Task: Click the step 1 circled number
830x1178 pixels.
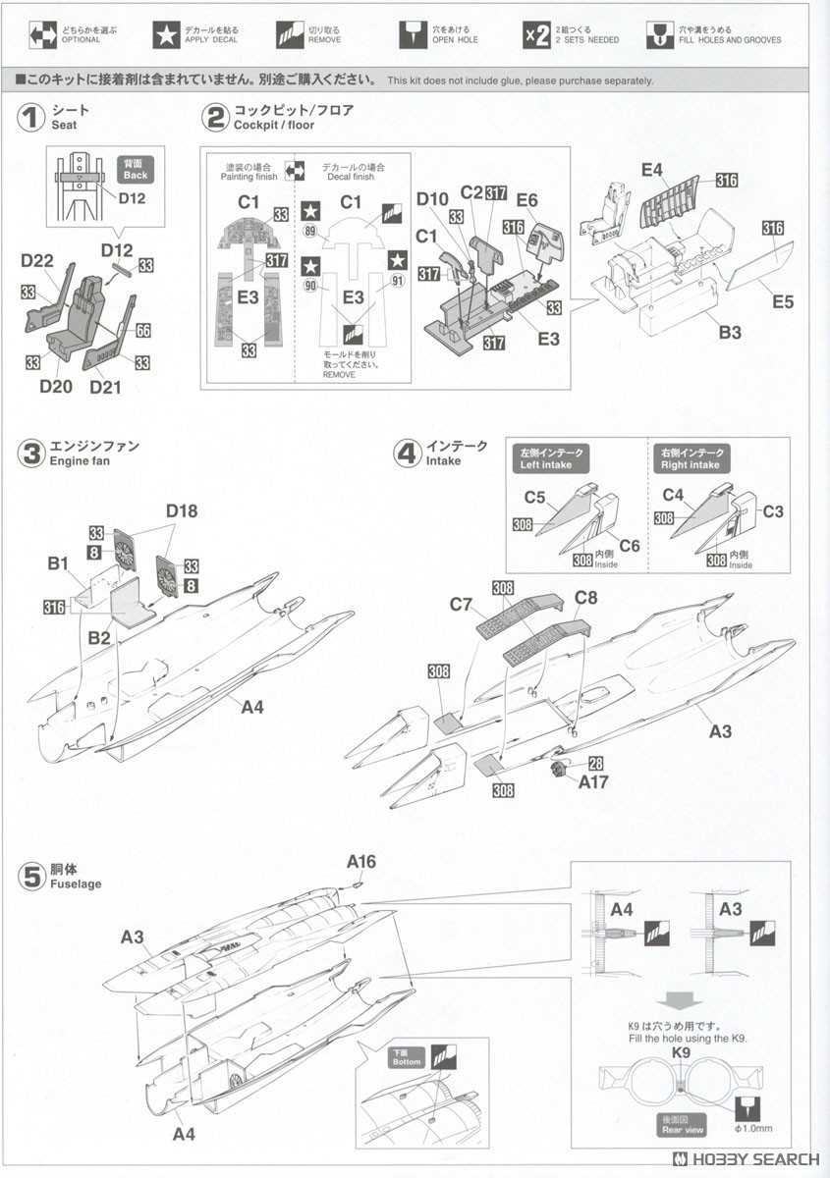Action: [32, 118]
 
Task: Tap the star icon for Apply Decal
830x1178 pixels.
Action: [166, 34]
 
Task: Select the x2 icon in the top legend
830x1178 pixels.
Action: [535, 34]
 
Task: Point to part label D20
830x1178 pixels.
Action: [56, 386]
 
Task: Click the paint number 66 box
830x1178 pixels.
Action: [143, 332]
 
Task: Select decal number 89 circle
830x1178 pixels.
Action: [311, 232]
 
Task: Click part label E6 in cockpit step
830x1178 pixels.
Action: [527, 199]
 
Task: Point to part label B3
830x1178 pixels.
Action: [730, 333]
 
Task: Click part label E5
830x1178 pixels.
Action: [782, 301]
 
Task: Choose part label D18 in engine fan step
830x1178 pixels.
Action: [182, 510]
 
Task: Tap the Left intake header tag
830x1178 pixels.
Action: [550, 458]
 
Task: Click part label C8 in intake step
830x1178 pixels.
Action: [586, 597]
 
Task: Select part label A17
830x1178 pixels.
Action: [593, 781]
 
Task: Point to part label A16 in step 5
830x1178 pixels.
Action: [361, 862]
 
